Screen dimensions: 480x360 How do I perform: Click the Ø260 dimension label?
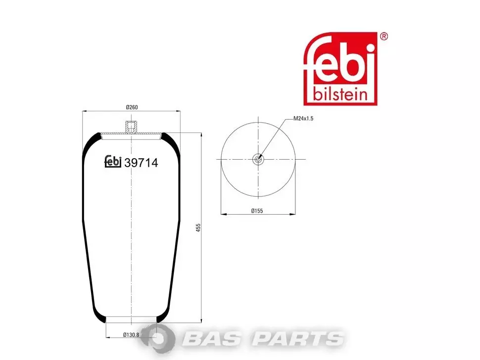(132, 107)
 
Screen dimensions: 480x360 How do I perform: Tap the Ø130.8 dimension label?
(131, 335)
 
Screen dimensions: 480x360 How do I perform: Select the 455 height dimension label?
(198, 227)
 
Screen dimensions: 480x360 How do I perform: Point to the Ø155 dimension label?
(257, 211)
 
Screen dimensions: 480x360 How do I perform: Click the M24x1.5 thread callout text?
(303, 119)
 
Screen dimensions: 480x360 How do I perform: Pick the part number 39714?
(141, 163)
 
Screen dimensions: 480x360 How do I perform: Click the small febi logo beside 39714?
(113, 162)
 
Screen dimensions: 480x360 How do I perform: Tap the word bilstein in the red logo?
(340, 94)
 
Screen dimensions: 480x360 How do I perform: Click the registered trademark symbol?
(384, 37)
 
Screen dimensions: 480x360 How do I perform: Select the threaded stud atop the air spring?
(131, 127)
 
